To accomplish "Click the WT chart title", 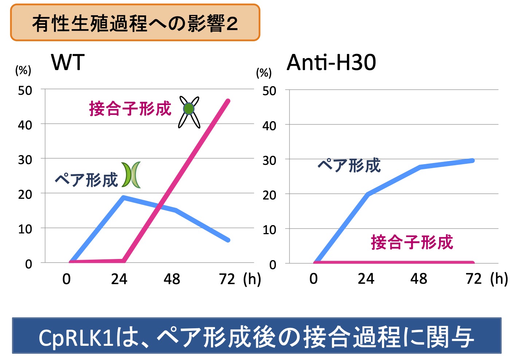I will pyautogui.click(x=68, y=62).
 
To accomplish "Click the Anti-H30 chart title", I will pyautogui.click(x=331, y=62).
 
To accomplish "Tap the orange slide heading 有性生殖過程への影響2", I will pyautogui.click(x=135, y=23).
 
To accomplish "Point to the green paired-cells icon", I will pyautogui.click(x=131, y=175).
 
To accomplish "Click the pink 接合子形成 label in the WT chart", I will pyautogui.click(x=130, y=109).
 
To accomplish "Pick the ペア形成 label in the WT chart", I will pyautogui.click(x=86, y=180).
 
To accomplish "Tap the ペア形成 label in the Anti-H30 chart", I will pyautogui.click(x=349, y=165).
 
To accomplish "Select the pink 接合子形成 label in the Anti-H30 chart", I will pyautogui.click(x=412, y=242).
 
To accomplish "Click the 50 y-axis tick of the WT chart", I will pyautogui.click(x=25, y=90).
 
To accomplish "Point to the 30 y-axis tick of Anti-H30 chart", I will pyautogui.click(x=269, y=160).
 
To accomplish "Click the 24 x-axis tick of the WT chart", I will pyautogui.click(x=119, y=279).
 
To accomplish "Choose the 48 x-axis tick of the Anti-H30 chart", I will pyautogui.click(x=418, y=279).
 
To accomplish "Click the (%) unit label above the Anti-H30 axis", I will pyautogui.click(x=264, y=73).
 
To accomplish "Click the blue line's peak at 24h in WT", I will pyautogui.click(x=124, y=198).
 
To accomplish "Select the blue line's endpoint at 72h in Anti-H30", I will pyautogui.click(x=473, y=160).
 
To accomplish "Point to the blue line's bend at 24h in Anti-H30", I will pyautogui.click(x=368, y=194).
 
